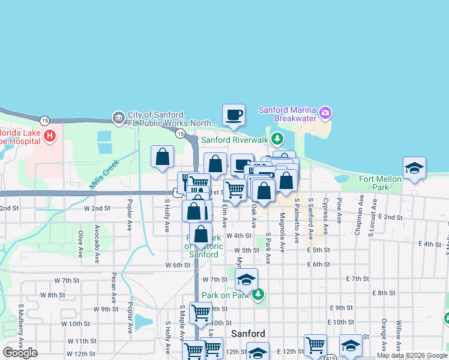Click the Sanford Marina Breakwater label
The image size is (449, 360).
point(287,113)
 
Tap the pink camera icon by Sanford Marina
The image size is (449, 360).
point(325,112)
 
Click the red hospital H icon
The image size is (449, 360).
point(49,137)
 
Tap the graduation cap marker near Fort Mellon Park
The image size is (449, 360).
point(414,169)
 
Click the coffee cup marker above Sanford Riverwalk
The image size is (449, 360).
point(234,115)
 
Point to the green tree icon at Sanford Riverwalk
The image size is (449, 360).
point(277,140)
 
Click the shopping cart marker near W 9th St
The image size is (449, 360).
point(200,312)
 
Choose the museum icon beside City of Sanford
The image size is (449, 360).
point(118,116)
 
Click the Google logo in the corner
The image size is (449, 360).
point(20,353)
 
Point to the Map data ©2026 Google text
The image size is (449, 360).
point(412,355)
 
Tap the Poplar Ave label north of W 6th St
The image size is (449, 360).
point(129,221)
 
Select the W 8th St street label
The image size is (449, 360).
point(53,295)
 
